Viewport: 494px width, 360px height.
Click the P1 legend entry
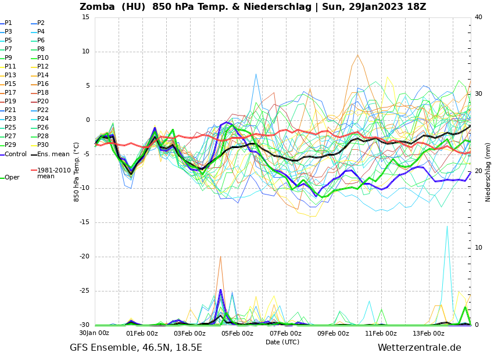pos(8,23)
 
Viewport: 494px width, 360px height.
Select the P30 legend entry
pos(43,145)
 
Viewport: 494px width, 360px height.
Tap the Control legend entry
pos(16,154)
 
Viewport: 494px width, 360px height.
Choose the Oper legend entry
pos(12,178)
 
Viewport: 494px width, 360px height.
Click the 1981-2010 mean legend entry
pos(53,173)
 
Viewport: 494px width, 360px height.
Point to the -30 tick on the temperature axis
pos(84,325)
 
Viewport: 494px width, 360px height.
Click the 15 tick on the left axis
pos(85,17)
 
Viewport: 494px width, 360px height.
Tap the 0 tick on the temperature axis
pos(88,120)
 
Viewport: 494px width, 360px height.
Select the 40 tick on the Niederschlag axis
pos(478,17)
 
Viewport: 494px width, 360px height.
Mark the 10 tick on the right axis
pos(478,248)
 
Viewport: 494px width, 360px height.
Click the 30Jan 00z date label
pos(94,333)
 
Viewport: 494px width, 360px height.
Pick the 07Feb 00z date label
pos(286,333)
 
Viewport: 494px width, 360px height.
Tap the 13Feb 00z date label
pos(429,333)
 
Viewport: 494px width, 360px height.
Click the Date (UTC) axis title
pos(282,342)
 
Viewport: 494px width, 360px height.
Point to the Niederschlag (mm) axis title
pos(488,171)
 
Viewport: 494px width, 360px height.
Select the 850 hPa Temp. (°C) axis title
pos(77,171)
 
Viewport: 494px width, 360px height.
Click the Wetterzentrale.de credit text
pos(419,348)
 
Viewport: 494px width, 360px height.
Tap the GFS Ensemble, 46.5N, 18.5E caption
pos(136,348)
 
